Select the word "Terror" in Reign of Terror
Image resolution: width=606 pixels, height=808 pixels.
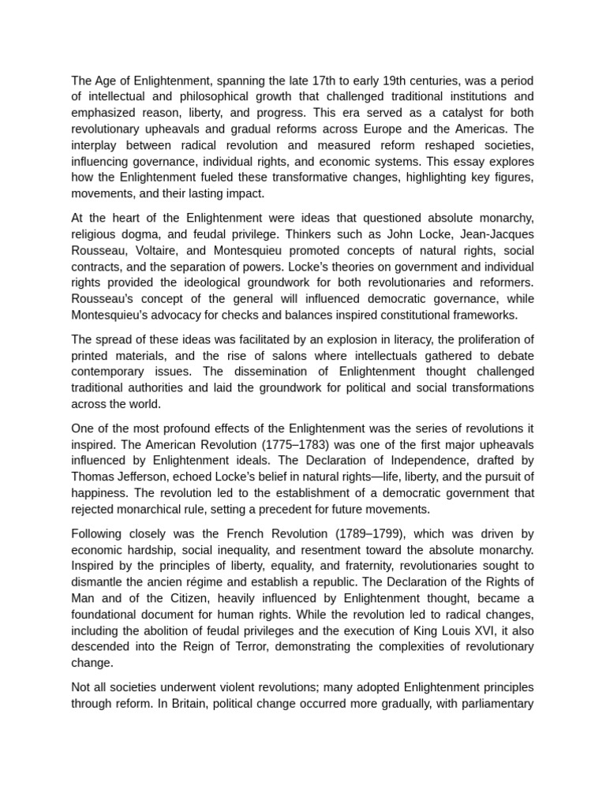[x=264, y=645]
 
